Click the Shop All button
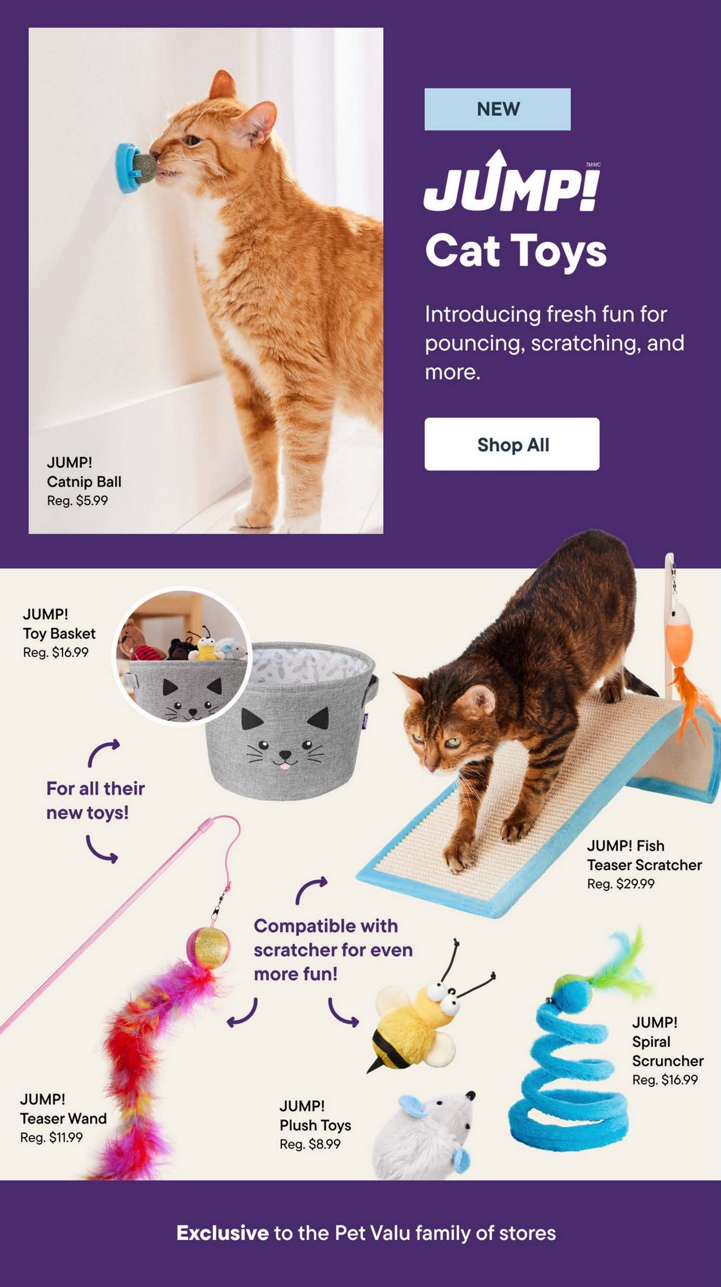512,444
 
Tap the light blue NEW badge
498,109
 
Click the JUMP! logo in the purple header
512,182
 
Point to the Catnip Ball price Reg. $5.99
77,501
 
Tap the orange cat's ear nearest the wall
222,85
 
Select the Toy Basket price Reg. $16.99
56,653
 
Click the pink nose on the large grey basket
284,764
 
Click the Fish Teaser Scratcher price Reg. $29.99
621,884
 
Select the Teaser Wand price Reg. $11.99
51,1138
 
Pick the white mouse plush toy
425,1136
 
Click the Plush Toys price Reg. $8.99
310,1144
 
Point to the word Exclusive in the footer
223,1233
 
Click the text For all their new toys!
95,801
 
